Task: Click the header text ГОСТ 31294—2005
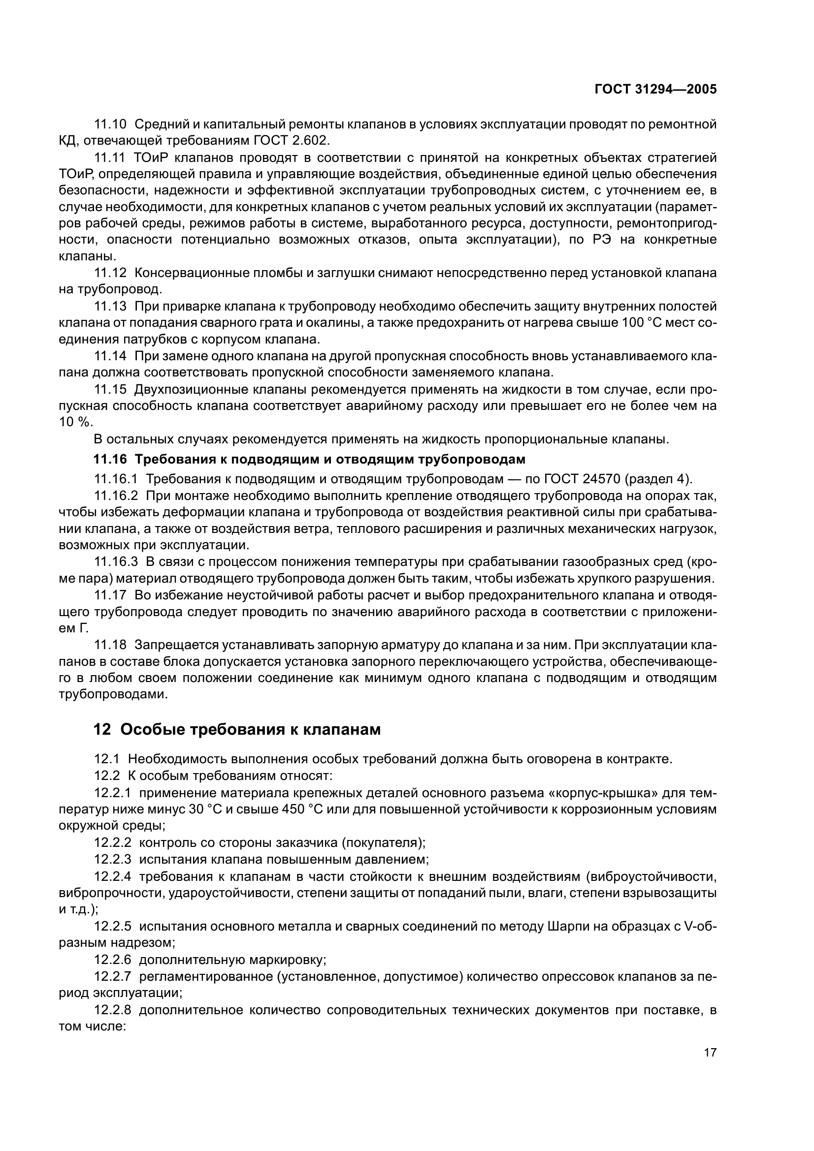point(655,89)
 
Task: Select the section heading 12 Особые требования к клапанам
point(237,729)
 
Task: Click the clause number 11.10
point(110,124)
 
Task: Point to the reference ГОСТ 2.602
point(291,140)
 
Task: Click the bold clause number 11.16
point(110,459)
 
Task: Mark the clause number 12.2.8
point(113,1010)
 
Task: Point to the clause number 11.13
point(110,306)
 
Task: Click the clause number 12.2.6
point(113,960)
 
